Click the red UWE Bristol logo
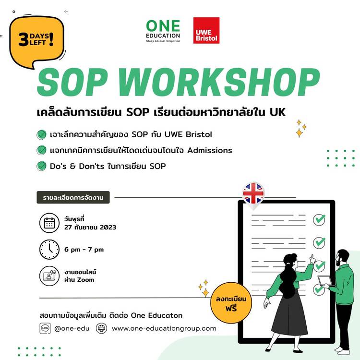pos(206,30)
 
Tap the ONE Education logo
pos(163,31)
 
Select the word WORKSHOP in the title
pos(219,82)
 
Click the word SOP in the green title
pos(72,82)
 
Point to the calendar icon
pos(49,223)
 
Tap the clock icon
pos(49,250)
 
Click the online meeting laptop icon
pos(49,276)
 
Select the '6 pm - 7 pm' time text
pos(84,250)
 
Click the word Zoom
pos(85,280)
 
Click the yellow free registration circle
pos(231,303)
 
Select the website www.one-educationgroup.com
pos(164,328)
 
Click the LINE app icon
pos(45,328)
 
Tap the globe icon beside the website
pos(101,328)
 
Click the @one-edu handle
pos(72,328)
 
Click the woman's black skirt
pos(290,314)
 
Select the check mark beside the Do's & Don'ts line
pos(42,166)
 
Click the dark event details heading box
pos(73,197)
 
